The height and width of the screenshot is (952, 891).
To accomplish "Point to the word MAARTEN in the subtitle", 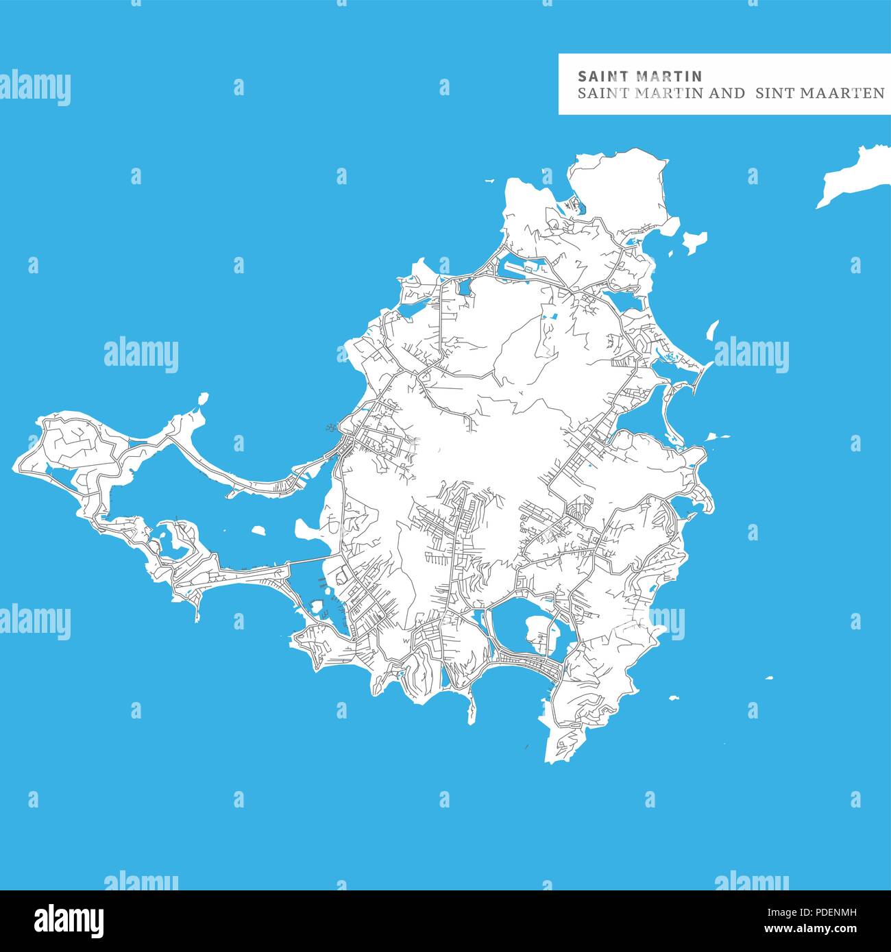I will click(x=843, y=93).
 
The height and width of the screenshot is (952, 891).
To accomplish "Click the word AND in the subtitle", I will click(x=726, y=93).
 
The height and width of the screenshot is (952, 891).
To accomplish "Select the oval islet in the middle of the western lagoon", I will click(x=258, y=529).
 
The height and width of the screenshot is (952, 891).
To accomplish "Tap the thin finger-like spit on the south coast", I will click(x=471, y=705).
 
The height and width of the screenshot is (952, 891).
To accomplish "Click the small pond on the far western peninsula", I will click(x=46, y=469).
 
